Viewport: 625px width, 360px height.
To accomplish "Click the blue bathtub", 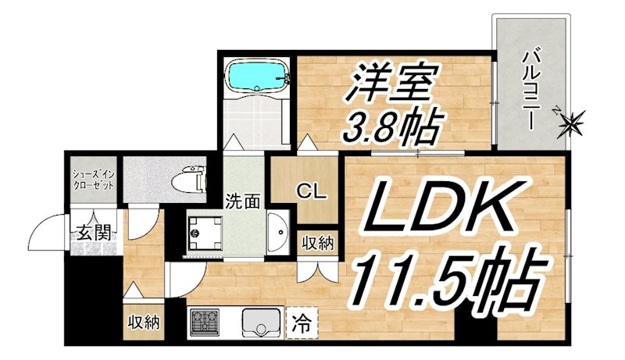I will [x=254, y=77].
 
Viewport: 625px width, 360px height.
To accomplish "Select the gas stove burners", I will [x=205, y=321].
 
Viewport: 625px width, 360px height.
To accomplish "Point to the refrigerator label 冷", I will [x=301, y=320].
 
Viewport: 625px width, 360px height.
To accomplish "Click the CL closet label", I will [x=305, y=190].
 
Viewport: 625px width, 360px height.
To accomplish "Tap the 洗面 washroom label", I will [x=243, y=200].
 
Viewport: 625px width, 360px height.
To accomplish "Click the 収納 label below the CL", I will [x=318, y=243].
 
